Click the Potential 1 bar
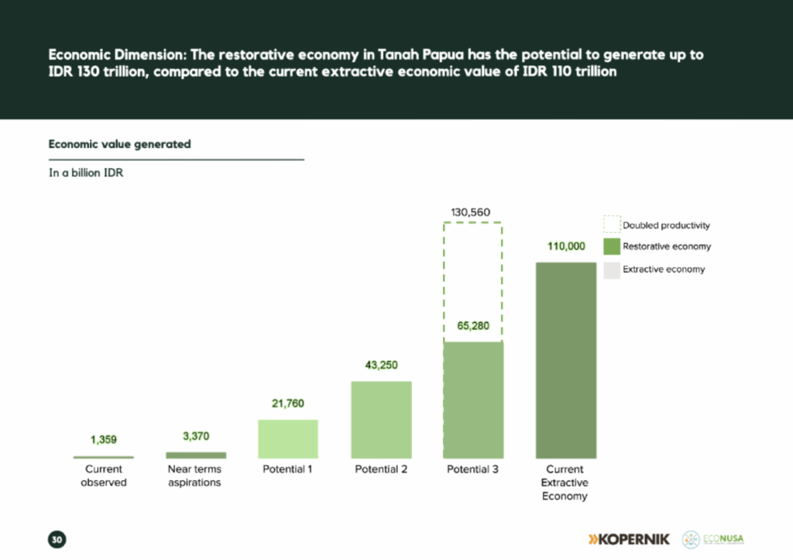288,438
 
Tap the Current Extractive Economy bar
565,360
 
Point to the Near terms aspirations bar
196,455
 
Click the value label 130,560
471,212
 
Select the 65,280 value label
471,326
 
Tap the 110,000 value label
565,247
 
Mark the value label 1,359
104,440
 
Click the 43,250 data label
381,366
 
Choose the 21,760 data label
288,404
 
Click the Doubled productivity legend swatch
611,225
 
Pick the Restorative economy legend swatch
611,247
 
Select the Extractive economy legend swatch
611,270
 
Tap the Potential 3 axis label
472,469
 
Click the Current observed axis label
104,476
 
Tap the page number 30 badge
57,539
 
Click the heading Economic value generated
119,144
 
